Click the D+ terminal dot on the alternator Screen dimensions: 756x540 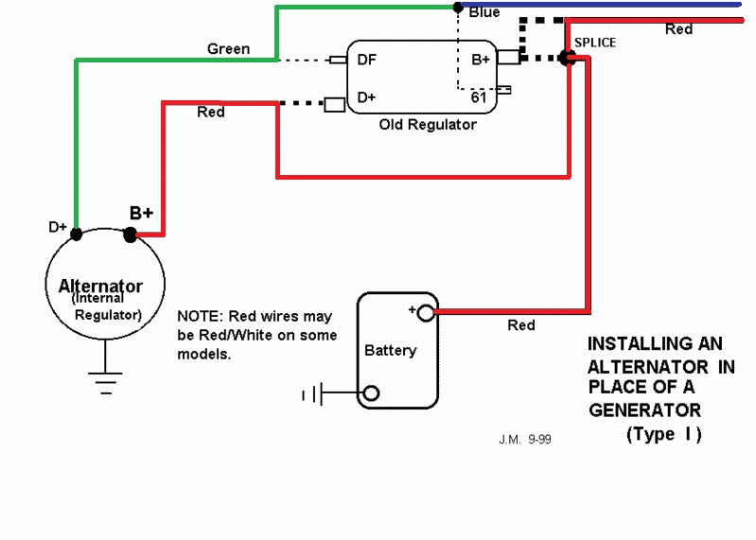point(77,235)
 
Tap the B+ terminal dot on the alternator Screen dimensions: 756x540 point(131,235)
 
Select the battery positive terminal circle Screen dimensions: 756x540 point(425,313)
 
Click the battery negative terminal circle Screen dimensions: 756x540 point(371,393)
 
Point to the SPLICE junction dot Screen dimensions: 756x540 point(568,59)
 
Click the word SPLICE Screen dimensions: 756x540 point(595,43)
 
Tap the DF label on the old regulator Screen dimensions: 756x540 point(366,60)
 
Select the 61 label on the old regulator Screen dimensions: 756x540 point(478,97)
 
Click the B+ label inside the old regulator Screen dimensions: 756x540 point(481,60)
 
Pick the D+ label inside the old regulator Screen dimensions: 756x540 point(366,97)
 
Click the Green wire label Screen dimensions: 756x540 point(229,48)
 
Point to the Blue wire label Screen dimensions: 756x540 point(484,12)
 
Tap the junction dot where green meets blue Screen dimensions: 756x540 point(458,8)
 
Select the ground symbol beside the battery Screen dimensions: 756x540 point(312,394)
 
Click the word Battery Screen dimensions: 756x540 point(391,350)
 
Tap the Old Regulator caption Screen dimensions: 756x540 point(428,125)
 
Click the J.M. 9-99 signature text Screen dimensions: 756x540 point(525,440)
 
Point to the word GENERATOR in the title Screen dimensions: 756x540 point(644,410)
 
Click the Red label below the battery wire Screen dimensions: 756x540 point(521,325)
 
